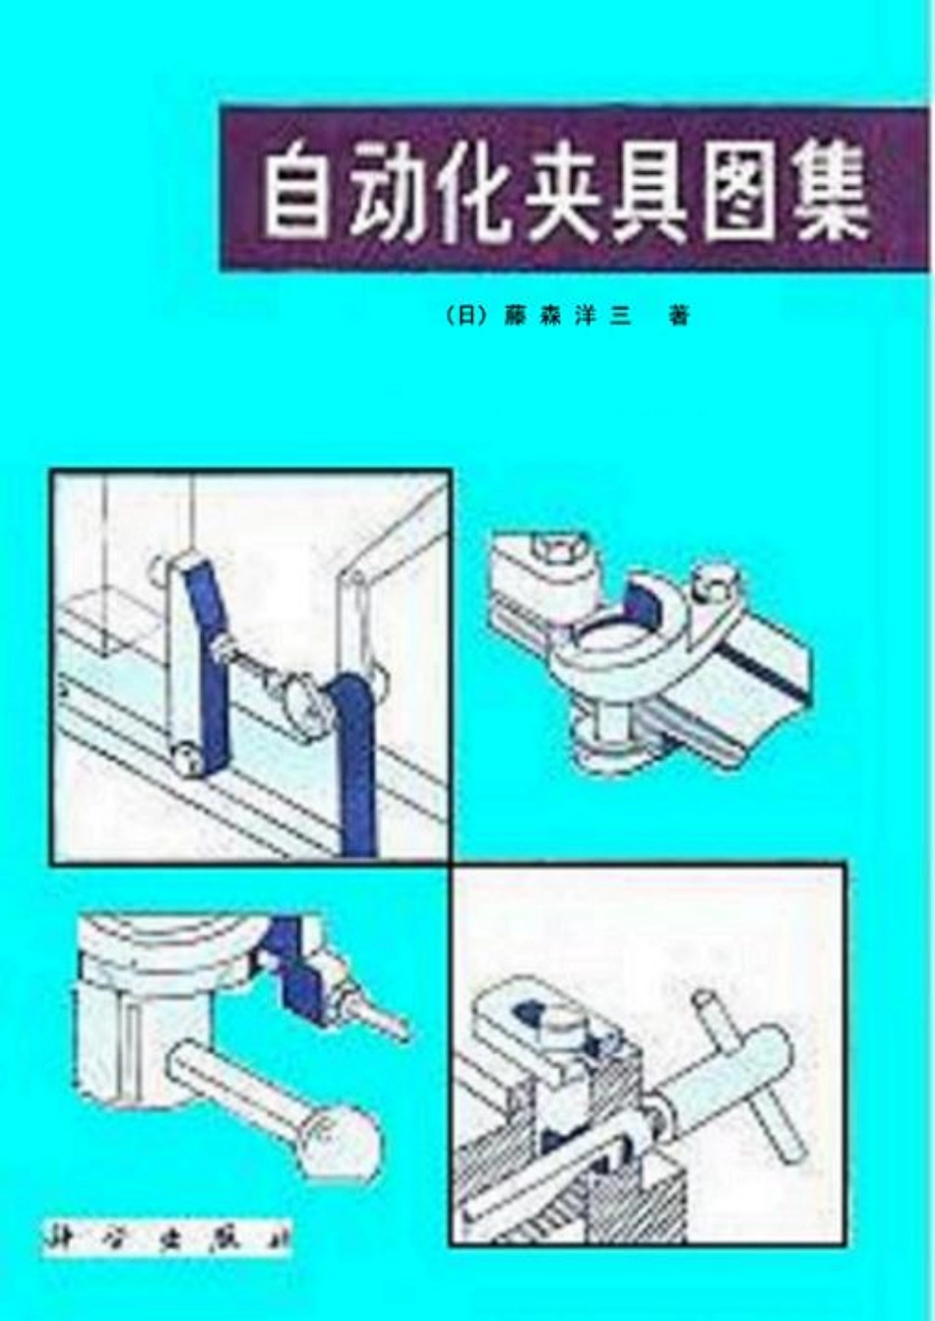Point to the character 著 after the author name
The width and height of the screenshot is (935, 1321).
pyautogui.click(x=678, y=317)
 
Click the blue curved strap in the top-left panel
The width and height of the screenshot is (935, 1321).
pyautogui.click(x=353, y=757)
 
